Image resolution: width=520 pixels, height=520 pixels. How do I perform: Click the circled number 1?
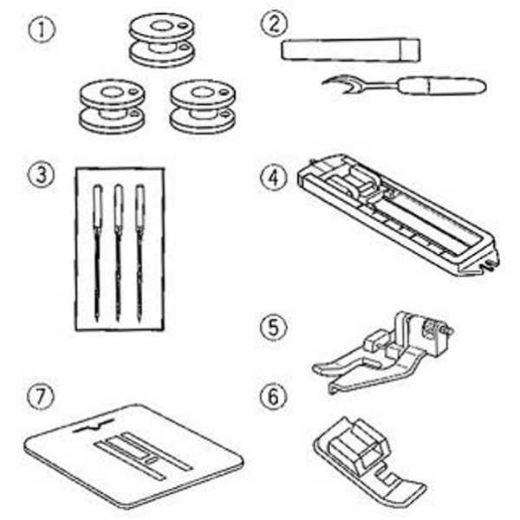click(42, 29)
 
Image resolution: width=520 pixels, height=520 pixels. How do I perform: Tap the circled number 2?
click(274, 24)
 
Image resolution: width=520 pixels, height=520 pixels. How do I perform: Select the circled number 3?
click(41, 175)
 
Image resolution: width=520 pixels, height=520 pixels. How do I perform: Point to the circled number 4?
click(274, 178)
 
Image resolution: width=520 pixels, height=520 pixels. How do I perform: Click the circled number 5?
click(274, 328)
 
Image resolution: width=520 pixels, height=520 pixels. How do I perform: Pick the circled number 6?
click(274, 397)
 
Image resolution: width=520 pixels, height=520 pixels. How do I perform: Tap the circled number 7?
click(41, 397)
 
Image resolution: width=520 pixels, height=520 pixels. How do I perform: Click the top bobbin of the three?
click(162, 40)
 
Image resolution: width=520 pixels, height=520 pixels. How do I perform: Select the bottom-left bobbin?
click(113, 107)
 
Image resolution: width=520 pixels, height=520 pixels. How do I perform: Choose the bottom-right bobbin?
click(203, 107)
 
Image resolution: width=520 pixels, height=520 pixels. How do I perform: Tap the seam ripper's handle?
click(442, 86)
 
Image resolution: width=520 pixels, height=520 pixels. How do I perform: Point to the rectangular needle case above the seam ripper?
click(351, 49)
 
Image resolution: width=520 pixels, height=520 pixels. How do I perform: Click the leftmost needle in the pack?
click(97, 252)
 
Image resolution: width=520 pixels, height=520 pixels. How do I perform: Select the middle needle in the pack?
click(118, 252)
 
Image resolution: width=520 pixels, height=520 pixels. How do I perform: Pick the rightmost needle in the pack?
click(140, 252)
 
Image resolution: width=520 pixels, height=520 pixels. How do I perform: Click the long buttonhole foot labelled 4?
click(398, 214)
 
